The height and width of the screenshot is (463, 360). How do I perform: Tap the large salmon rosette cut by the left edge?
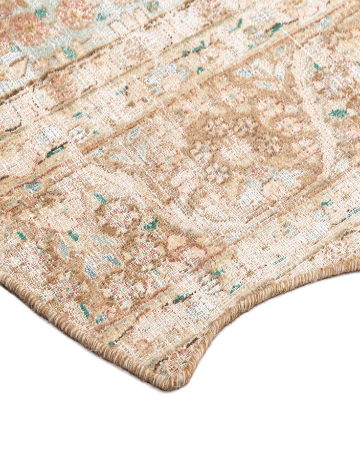[27, 27]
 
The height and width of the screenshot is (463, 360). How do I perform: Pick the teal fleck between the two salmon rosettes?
[41, 12]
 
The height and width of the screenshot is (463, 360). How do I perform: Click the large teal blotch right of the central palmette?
[337, 113]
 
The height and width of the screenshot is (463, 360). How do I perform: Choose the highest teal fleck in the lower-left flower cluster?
[101, 198]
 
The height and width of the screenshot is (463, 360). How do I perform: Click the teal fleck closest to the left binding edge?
[22, 235]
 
